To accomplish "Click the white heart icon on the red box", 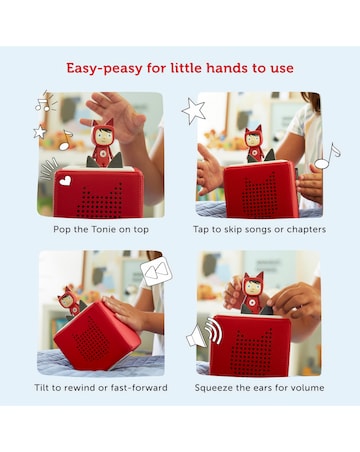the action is coord(65,181).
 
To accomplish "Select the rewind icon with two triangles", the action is coord(156,271).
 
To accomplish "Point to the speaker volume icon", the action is coord(203,333).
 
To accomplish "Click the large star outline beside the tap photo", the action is coord(193,111).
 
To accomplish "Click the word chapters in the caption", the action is coord(306,230).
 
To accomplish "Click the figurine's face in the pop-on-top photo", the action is coord(103,134).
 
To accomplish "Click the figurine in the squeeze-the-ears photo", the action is coord(252,293).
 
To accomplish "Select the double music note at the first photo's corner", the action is coord(45,101).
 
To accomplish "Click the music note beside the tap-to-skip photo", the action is coord(328,156).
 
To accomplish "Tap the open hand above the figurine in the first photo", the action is coord(115,115).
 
